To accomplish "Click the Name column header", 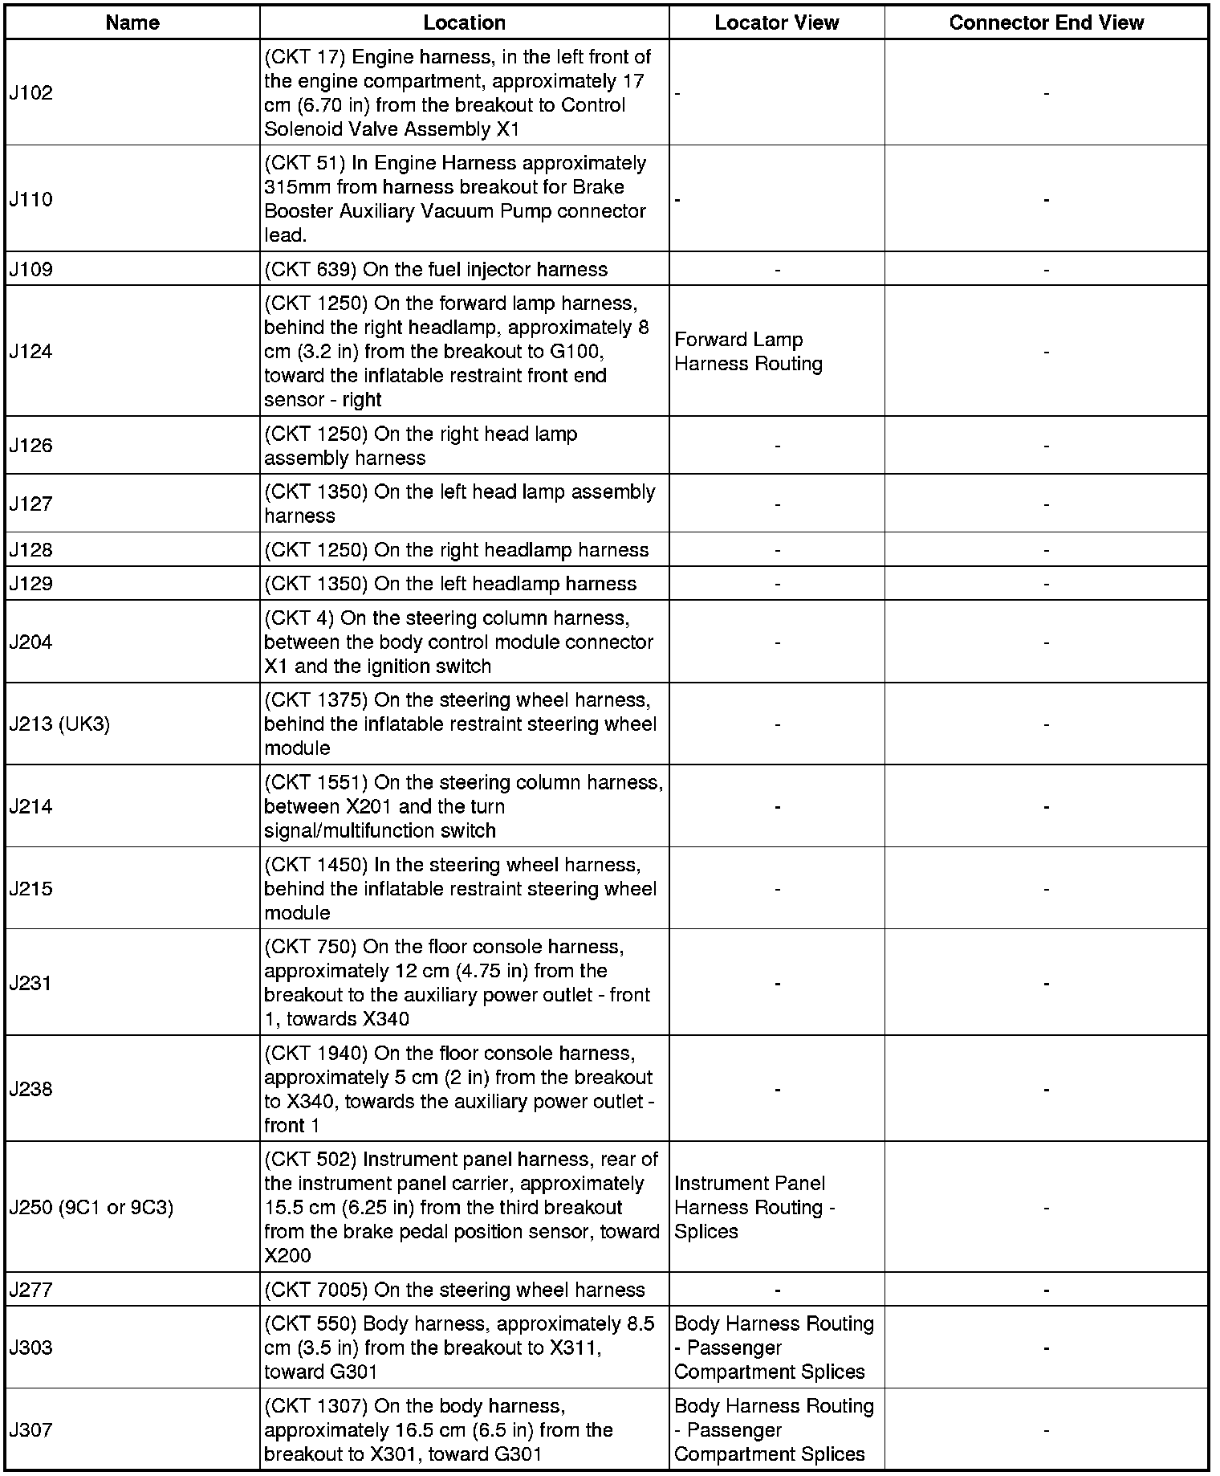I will [x=132, y=22].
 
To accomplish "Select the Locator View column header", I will [x=776, y=22].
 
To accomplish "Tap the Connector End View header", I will [x=1046, y=22].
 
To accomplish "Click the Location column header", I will [x=464, y=22].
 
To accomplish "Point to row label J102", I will [x=31, y=93].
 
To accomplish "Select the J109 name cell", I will [x=31, y=269].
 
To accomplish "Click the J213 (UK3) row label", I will [x=59, y=724].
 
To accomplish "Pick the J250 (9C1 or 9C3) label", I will [x=91, y=1207].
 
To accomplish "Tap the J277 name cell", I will [x=31, y=1290].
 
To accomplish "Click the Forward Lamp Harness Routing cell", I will [x=748, y=352].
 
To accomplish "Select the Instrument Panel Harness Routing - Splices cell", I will [x=754, y=1207].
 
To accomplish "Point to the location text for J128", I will [x=456, y=550].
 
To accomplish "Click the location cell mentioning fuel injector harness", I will [x=436, y=269].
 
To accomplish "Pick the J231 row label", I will [x=31, y=983].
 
